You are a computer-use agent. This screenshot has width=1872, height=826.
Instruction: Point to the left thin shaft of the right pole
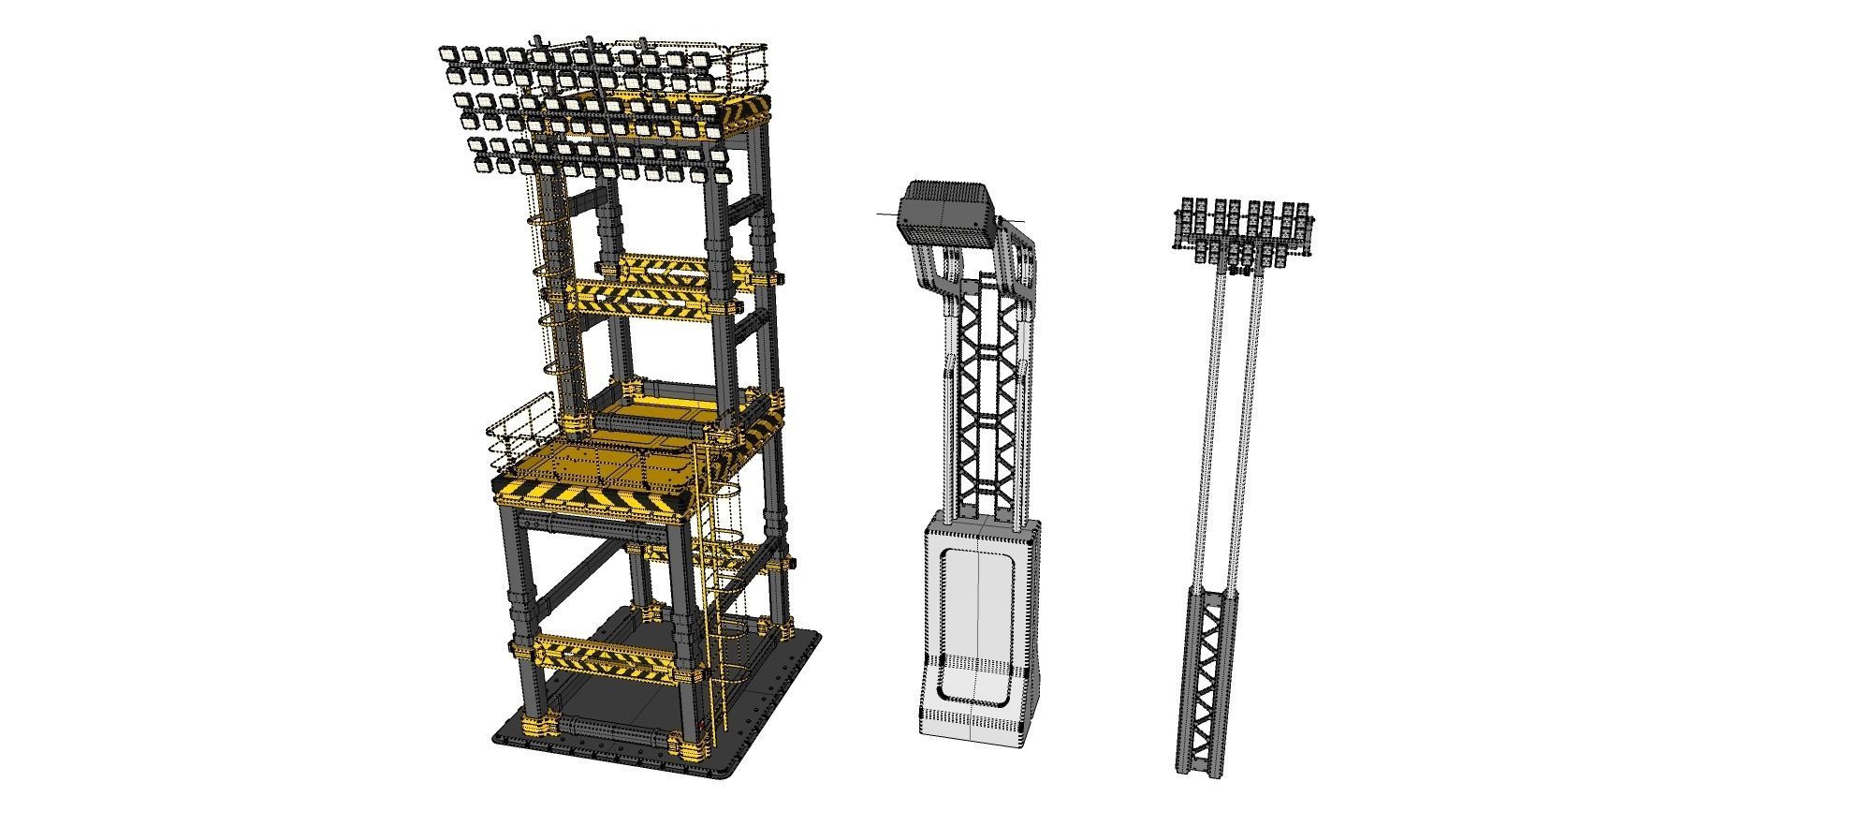1211,421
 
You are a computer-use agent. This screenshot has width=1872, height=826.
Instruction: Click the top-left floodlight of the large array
447,55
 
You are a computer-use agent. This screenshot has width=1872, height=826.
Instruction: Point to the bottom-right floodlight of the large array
722,175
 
